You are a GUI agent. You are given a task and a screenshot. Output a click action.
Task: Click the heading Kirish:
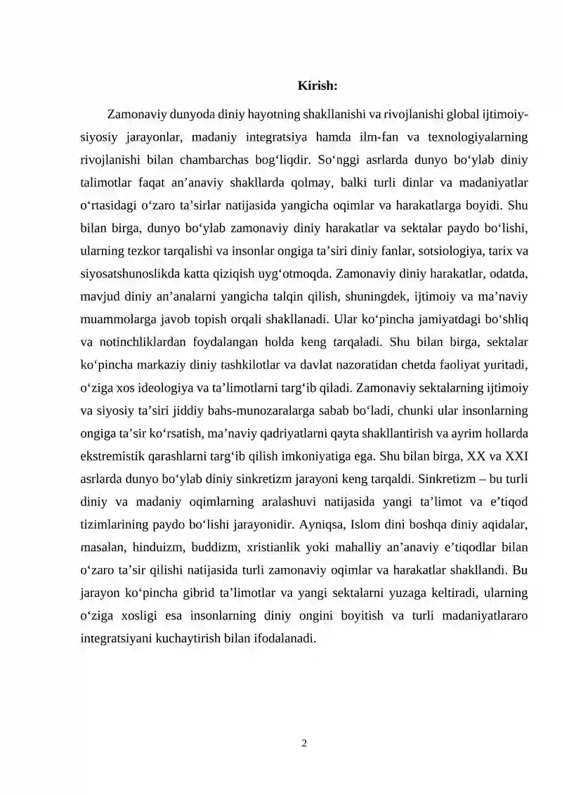[x=318, y=86]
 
